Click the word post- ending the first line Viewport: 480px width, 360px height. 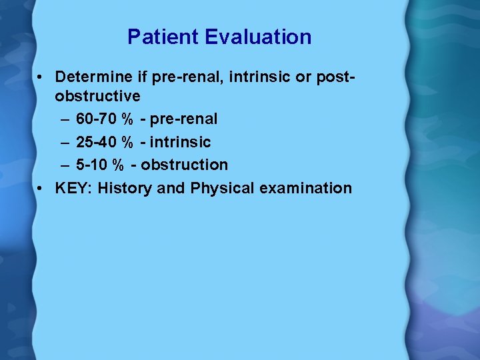pyautogui.click(x=332, y=77)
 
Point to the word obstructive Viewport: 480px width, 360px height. pyautogui.click(x=97, y=96)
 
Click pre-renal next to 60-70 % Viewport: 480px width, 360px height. pyautogui.click(x=183, y=119)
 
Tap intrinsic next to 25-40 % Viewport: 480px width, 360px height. pyautogui.click(x=180, y=142)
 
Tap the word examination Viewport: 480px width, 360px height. pyautogui.click(x=305, y=188)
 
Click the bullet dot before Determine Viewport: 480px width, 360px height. pyautogui.click(x=41, y=78)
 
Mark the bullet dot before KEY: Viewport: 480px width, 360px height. pyautogui.click(x=41, y=189)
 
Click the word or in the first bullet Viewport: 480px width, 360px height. pyautogui.click(x=304, y=77)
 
